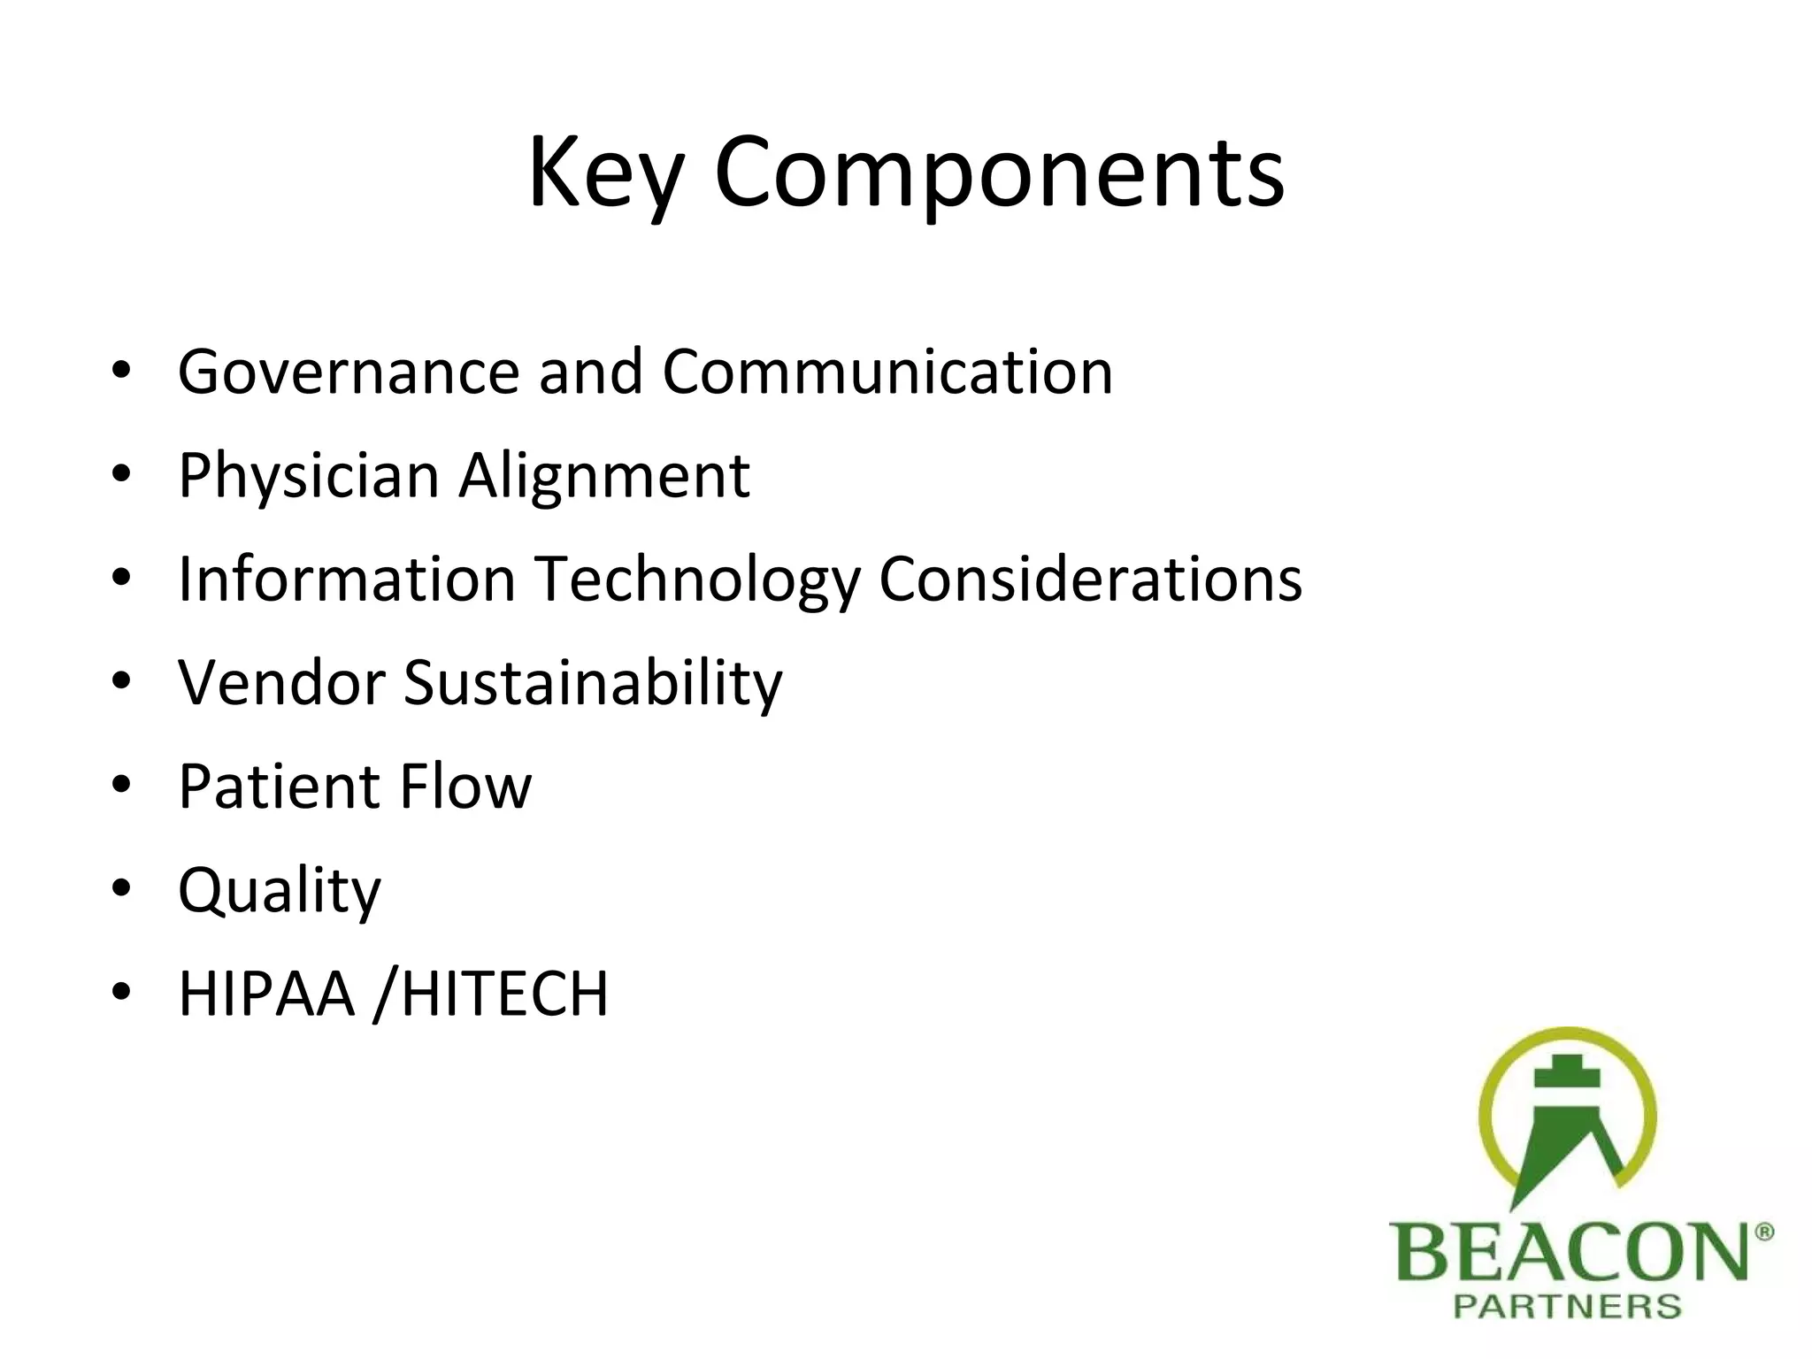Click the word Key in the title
tap(605, 173)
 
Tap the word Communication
tap(887, 372)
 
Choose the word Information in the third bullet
tap(347, 580)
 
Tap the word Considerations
tap(1090, 580)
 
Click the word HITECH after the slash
tap(504, 994)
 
